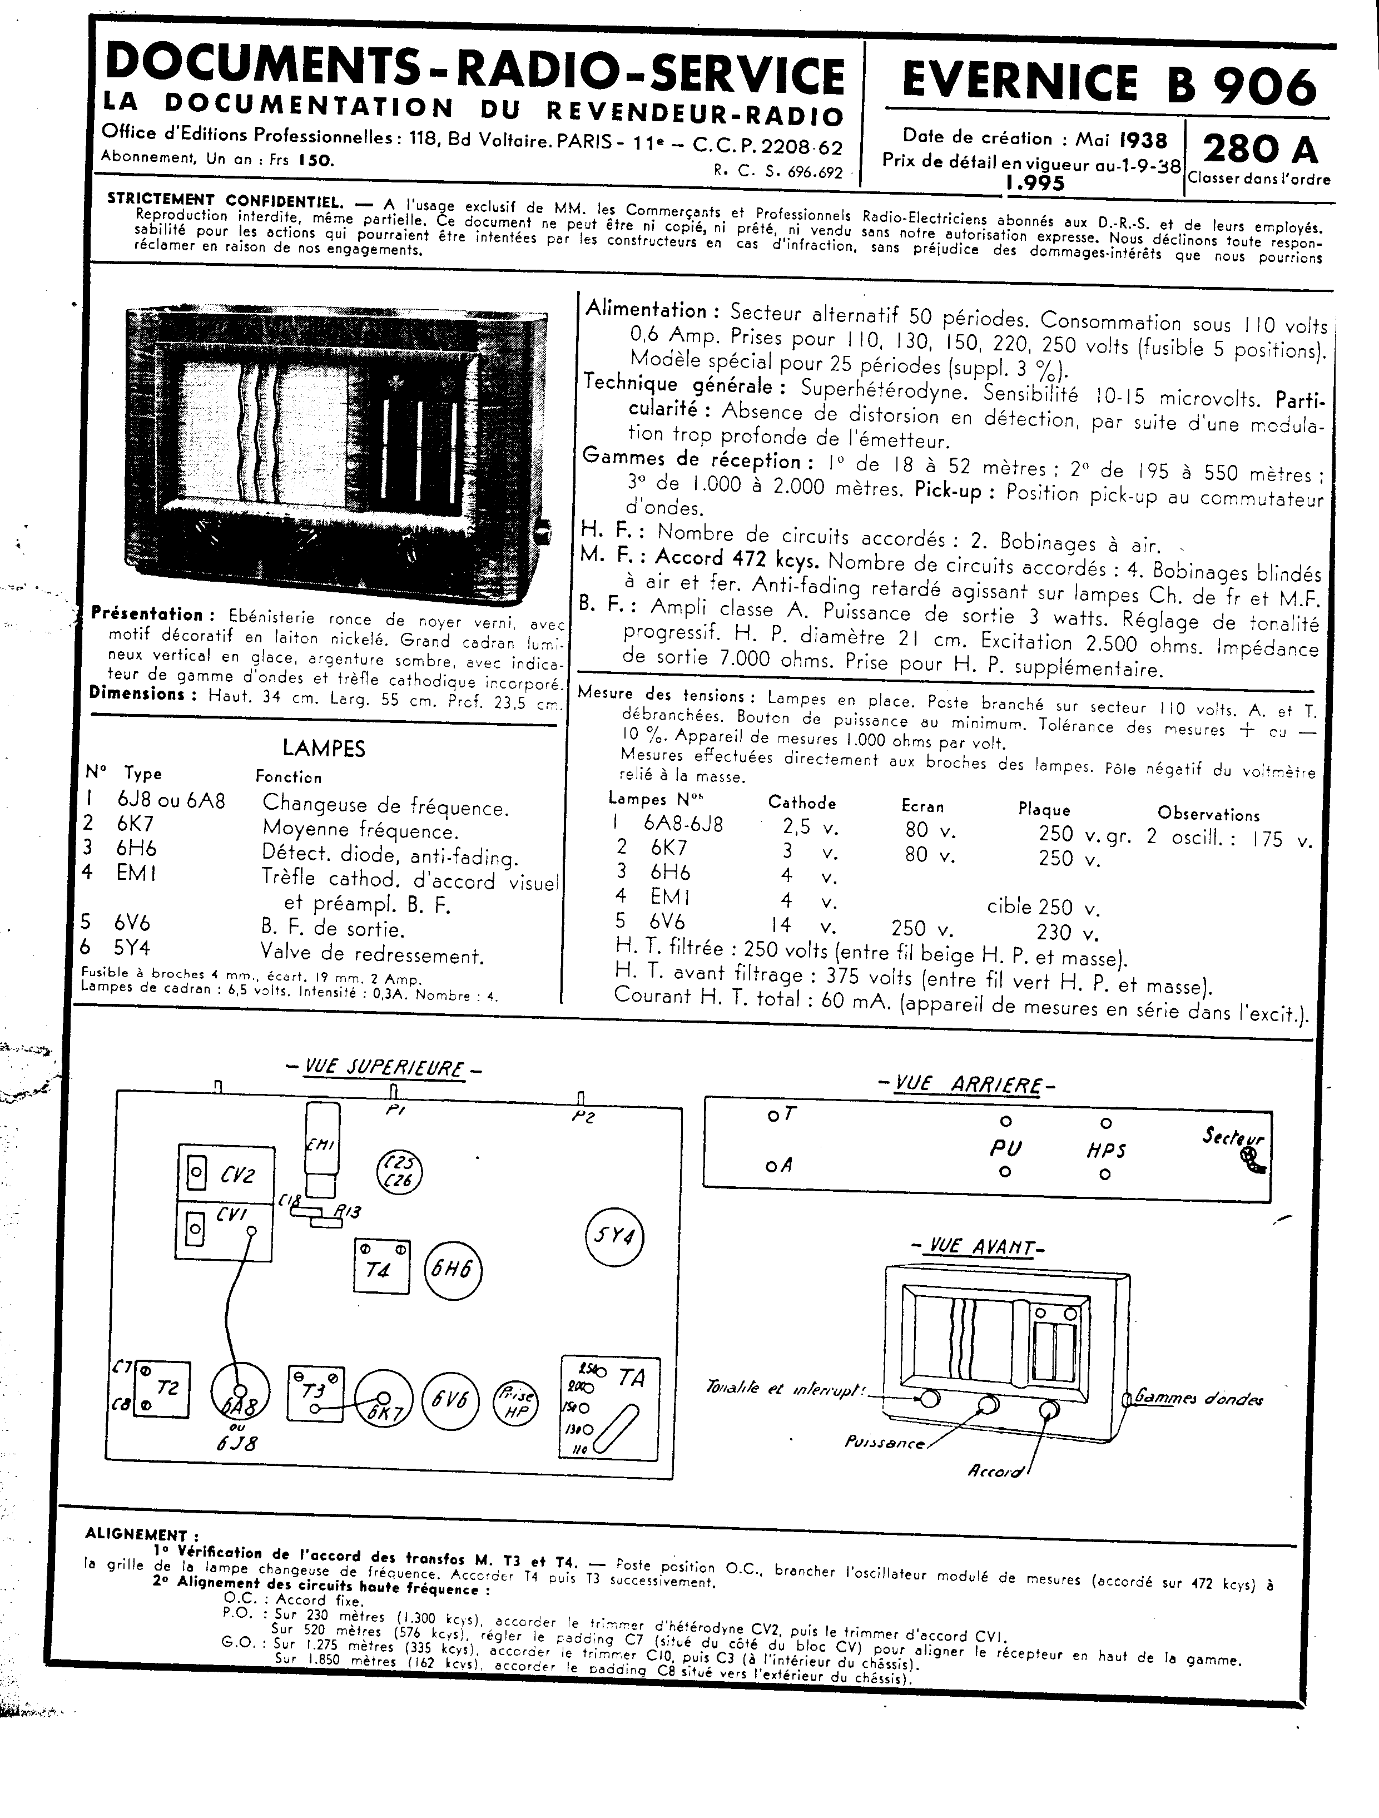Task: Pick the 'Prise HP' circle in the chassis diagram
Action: [x=515, y=1402]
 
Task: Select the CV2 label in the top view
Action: [x=237, y=1175]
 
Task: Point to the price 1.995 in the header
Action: [x=1035, y=182]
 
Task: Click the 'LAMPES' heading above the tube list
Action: [x=324, y=748]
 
